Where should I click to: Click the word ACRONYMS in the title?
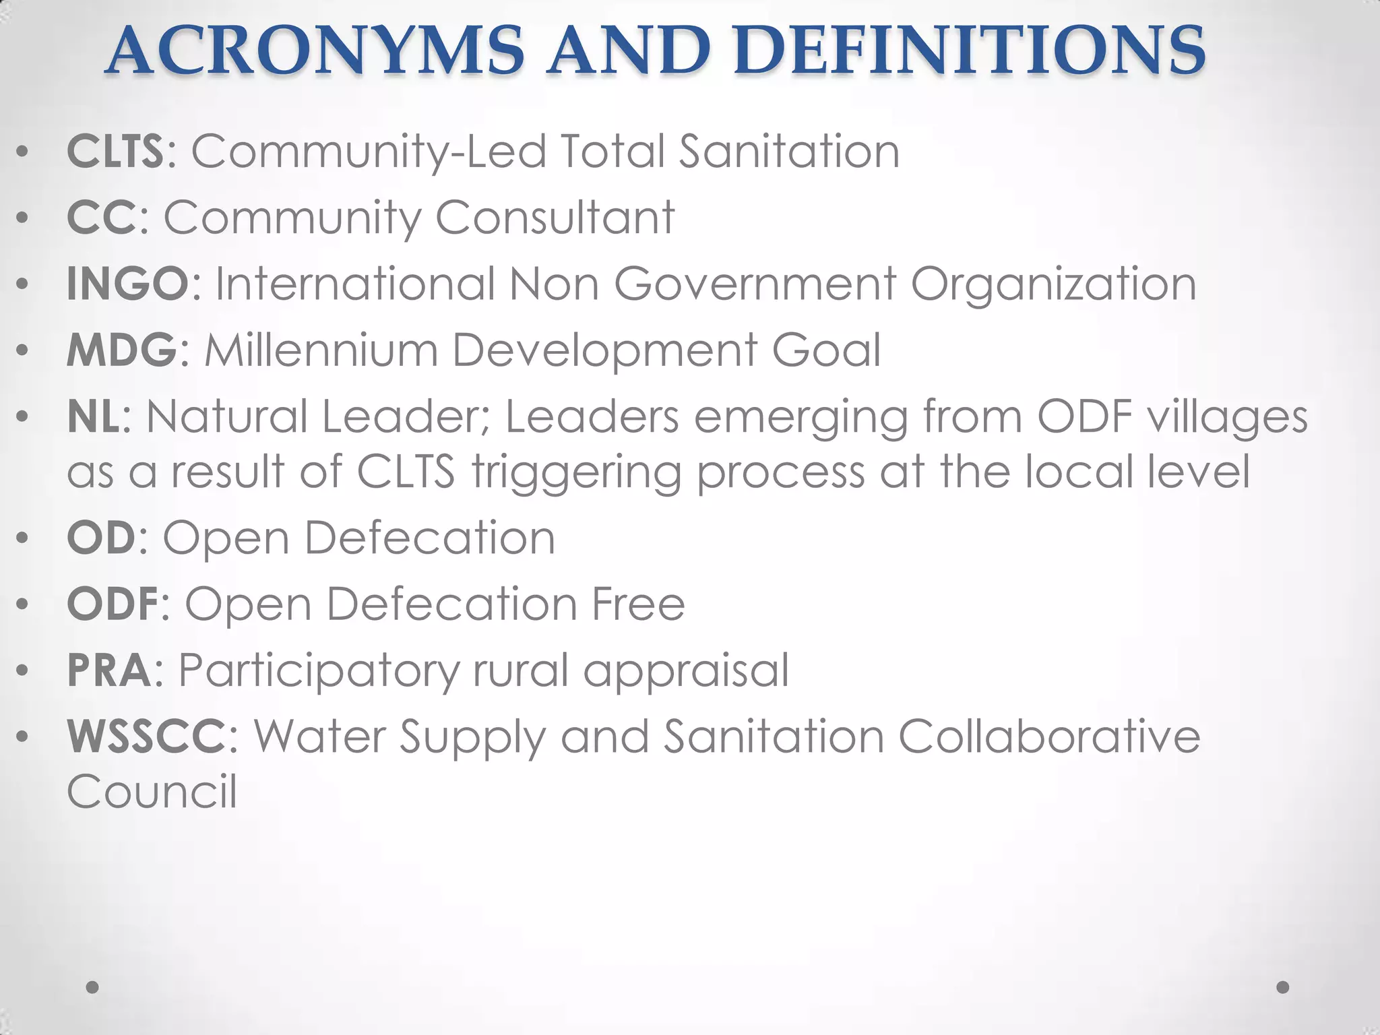click(315, 51)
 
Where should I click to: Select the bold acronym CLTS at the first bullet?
click(115, 151)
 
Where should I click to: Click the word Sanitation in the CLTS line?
click(788, 151)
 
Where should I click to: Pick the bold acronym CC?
click(102, 217)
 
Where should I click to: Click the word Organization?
click(1053, 284)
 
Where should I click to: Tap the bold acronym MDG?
click(122, 350)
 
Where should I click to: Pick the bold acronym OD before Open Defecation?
click(102, 538)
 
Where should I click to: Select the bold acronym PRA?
click(109, 670)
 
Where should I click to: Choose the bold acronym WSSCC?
click(146, 736)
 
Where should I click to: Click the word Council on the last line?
click(152, 791)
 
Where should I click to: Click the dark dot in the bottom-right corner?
click(1283, 987)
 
